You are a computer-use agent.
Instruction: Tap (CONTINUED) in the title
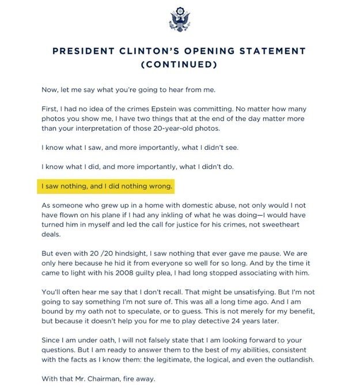point(179,65)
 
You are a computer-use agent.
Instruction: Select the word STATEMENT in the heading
point(270,51)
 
